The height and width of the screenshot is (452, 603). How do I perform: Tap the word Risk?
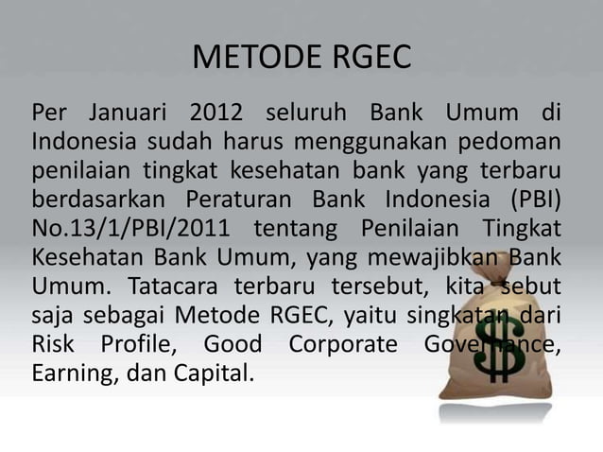[x=56, y=342]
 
